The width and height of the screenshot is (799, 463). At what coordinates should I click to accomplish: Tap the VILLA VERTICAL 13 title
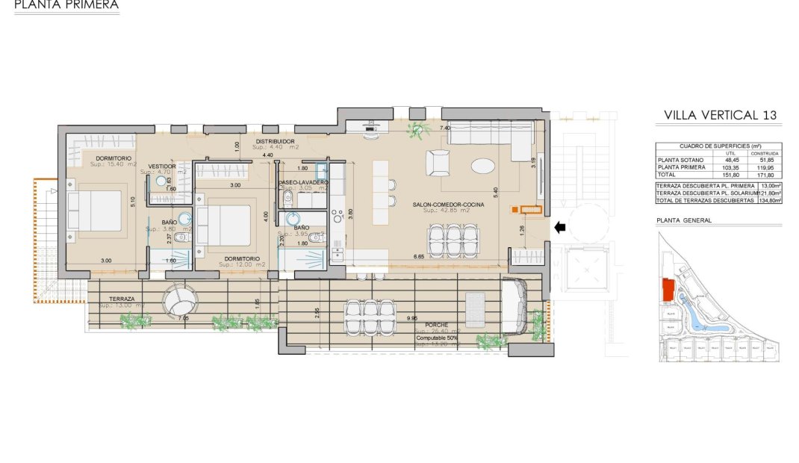pyautogui.click(x=720, y=115)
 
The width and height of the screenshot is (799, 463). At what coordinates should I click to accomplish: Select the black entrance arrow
pyautogui.click(x=559, y=227)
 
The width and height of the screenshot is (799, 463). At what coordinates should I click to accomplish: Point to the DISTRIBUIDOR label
pyautogui.click(x=276, y=141)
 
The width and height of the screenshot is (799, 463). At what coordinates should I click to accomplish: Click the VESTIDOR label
pyautogui.click(x=162, y=166)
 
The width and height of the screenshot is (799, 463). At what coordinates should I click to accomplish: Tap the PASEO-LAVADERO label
pyautogui.click(x=302, y=181)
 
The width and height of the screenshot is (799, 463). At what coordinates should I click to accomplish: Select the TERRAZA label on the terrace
pyautogui.click(x=121, y=297)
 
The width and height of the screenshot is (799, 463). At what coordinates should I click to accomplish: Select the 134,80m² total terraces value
pyautogui.click(x=769, y=200)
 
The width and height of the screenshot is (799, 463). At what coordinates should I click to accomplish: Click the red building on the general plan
pyautogui.click(x=668, y=290)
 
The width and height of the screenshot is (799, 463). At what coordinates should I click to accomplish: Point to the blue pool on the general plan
pyautogui.click(x=699, y=317)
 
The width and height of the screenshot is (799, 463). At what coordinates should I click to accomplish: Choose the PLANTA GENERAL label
pyautogui.click(x=683, y=220)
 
